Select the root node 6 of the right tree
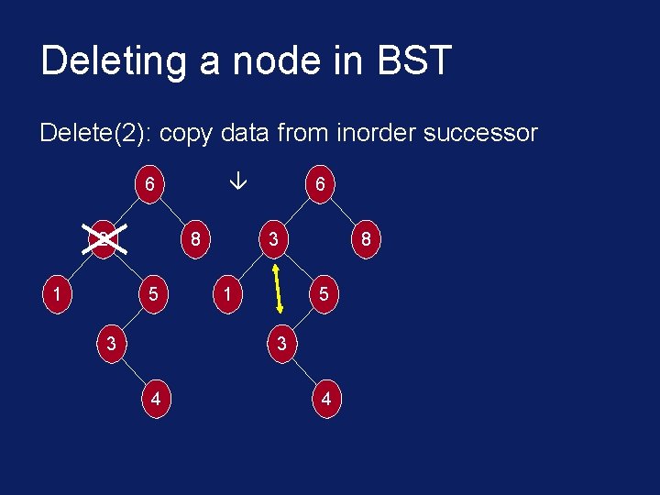pyautogui.click(x=319, y=184)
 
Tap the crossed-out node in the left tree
pyautogui.click(x=104, y=241)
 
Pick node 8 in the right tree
pyautogui.click(x=367, y=241)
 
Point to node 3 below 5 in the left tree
pyautogui.click(x=110, y=345)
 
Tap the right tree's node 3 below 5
pyautogui.click(x=280, y=345)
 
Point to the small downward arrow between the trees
pyautogui.click(x=236, y=183)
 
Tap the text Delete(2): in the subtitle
pyautogui.click(x=95, y=133)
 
